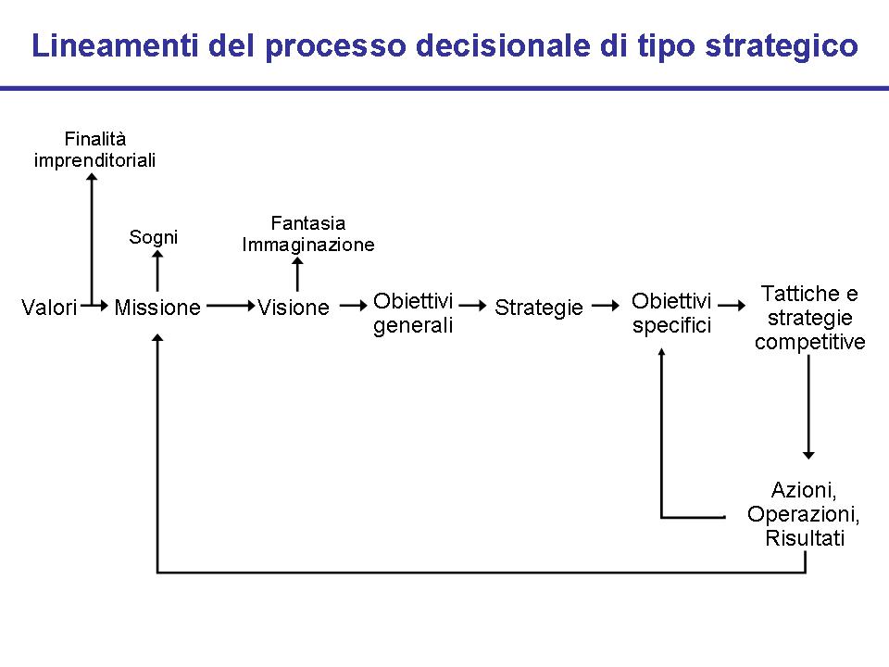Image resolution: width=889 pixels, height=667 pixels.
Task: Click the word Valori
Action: pyautogui.click(x=49, y=308)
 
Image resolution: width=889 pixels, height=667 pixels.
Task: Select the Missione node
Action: pyautogui.click(x=157, y=308)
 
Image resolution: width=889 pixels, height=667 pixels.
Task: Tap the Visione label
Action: pyautogui.click(x=294, y=308)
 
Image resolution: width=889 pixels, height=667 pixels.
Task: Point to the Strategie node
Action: pyautogui.click(x=539, y=308)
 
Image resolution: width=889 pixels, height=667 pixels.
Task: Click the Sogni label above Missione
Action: pyautogui.click(x=153, y=237)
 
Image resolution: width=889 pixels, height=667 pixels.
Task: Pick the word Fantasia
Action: pyautogui.click(x=307, y=223)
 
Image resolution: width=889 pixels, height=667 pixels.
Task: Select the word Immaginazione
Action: pyautogui.click(x=307, y=245)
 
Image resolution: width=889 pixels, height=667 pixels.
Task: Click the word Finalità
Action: pyautogui.click(x=95, y=138)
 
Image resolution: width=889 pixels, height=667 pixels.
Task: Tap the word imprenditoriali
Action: pyautogui.click(x=94, y=160)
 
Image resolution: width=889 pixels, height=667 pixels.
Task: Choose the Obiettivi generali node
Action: pyautogui.click(x=413, y=313)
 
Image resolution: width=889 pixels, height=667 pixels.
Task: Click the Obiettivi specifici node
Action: pyautogui.click(x=671, y=313)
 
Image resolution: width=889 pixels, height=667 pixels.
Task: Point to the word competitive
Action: pyautogui.click(x=809, y=342)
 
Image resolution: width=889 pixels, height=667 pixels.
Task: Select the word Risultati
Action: pyautogui.click(x=805, y=537)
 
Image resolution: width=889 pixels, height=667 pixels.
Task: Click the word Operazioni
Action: pyautogui.click(x=803, y=514)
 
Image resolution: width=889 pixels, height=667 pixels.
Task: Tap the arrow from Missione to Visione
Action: pyautogui.click(x=231, y=307)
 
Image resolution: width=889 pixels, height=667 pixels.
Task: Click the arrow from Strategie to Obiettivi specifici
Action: pyautogui.click(x=606, y=307)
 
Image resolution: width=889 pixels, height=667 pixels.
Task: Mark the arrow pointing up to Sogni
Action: pyautogui.click(x=157, y=271)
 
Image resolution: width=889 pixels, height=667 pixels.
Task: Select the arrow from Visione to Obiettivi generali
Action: pyautogui.click(x=353, y=307)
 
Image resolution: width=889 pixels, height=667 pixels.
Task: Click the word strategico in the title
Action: pyautogui.click(x=782, y=46)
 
